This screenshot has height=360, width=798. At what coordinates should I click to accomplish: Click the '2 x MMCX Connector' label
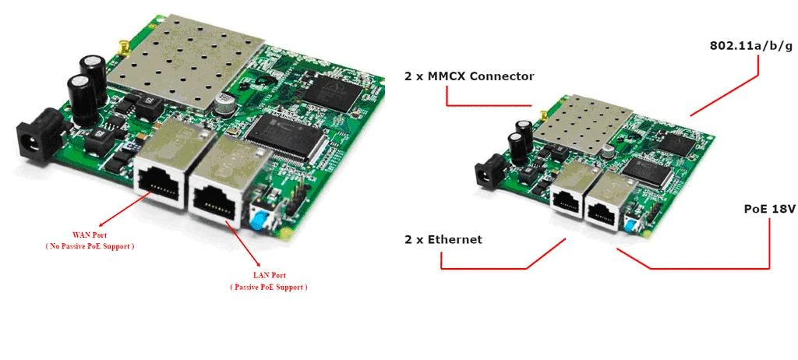pyautogui.click(x=469, y=76)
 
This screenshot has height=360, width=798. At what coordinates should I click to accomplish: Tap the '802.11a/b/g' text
pyautogui.click(x=751, y=45)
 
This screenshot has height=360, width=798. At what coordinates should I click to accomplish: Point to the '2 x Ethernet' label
pyautogui.click(x=443, y=239)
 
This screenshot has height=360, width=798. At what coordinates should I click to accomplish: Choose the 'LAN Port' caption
pyautogui.click(x=269, y=276)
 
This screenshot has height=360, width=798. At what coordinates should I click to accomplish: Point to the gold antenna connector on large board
pyautogui.click(x=123, y=48)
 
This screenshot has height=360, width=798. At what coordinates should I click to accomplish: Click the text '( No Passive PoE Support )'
pyautogui.click(x=90, y=246)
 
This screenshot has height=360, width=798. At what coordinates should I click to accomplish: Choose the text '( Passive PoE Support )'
pyautogui.click(x=269, y=287)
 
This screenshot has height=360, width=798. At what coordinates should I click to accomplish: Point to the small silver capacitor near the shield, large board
pyautogui.click(x=224, y=102)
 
